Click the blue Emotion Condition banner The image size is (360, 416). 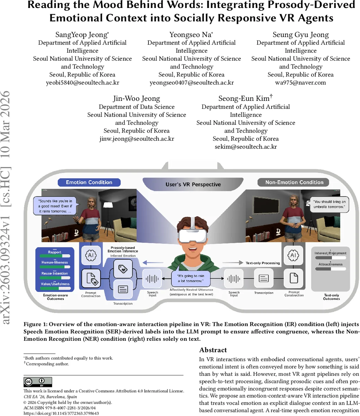click(x=89, y=182)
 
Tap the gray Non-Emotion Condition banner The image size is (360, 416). click(x=294, y=182)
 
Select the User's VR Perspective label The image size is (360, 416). click(x=193, y=184)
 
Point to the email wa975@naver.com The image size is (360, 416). click(x=300, y=83)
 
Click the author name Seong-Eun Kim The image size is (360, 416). click(x=245, y=98)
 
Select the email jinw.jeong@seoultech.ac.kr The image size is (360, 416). click(x=137, y=139)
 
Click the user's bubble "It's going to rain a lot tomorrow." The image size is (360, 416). click(x=191, y=278)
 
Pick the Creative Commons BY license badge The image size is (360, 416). click(x=38, y=382)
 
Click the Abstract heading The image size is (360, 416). click(x=213, y=350)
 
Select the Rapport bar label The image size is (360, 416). click(x=55, y=252)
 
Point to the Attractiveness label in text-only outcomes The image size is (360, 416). click(x=330, y=264)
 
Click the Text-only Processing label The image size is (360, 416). click(x=263, y=263)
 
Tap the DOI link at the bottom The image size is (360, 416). click(x=61, y=413)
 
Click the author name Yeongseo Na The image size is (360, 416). click(x=191, y=35)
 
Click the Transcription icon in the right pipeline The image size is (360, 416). click(x=264, y=278)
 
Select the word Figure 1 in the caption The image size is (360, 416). click(x=35, y=324)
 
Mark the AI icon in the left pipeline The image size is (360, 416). click(x=91, y=255)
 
